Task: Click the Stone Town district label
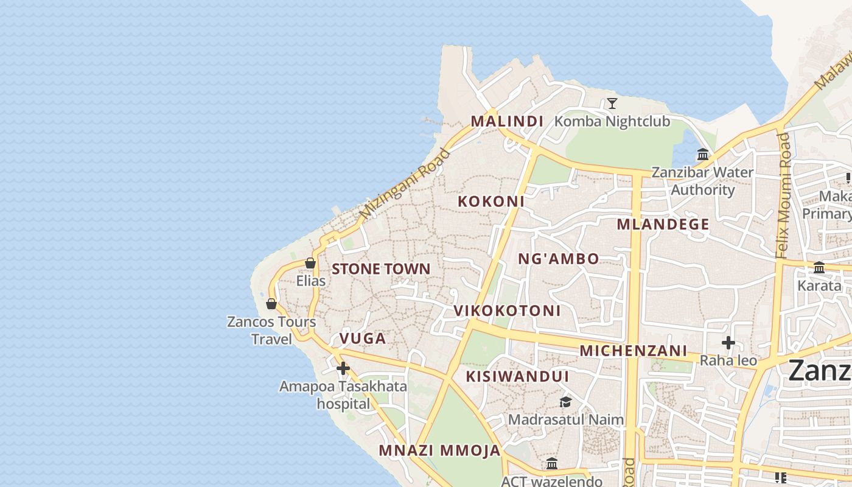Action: (381, 269)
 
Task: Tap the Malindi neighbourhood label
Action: (507, 121)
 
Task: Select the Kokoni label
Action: (491, 201)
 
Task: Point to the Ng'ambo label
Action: (559, 259)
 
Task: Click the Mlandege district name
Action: (663, 224)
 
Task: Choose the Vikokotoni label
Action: (507, 310)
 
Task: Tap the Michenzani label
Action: (634, 351)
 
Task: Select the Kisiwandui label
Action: (518, 376)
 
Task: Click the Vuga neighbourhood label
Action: (363, 338)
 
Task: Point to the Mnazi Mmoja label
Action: (439, 450)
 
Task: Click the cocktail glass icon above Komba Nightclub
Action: (612, 104)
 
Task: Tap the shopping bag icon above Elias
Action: (310, 263)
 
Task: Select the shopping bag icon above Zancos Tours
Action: (271, 303)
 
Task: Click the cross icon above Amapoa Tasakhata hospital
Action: (343, 368)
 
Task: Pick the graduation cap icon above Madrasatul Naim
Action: (565, 402)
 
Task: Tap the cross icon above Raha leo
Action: (728, 343)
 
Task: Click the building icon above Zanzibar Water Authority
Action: (703, 154)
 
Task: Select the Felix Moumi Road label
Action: (783, 195)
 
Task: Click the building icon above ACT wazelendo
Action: (552, 464)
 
